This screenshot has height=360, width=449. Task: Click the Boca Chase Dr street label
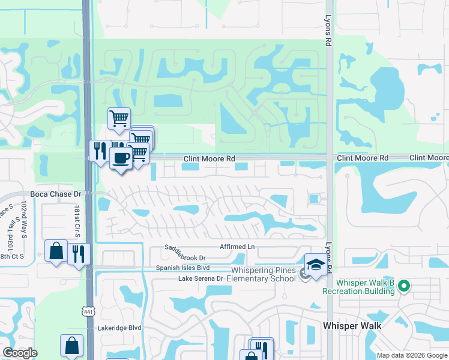pyautogui.click(x=55, y=194)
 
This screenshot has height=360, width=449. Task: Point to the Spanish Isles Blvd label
pyautogui.click(x=182, y=268)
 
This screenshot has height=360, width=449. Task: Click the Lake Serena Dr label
pyautogui.click(x=200, y=278)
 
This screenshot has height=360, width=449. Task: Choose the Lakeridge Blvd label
pyautogui.click(x=119, y=328)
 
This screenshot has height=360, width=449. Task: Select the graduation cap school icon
pyautogui.click(x=316, y=264)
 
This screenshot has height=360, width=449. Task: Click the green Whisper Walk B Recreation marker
pyautogui.click(x=404, y=286)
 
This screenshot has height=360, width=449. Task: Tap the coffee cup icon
pyautogui.click(x=121, y=158)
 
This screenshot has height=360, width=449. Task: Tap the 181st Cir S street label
pyautogui.click(x=77, y=220)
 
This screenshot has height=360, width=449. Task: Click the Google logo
pyautogui.click(x=20, y=353)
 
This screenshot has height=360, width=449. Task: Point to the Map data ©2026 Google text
pyautogui.click(x=412, y=355)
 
